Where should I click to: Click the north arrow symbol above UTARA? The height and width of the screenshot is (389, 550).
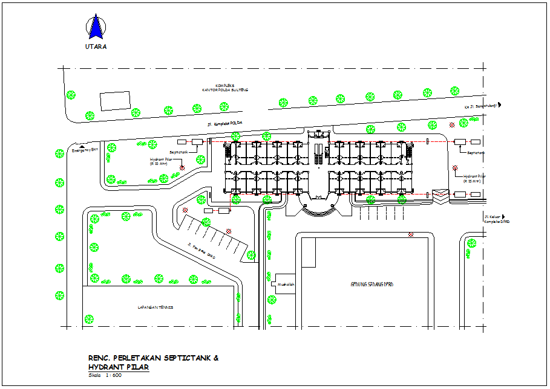point(95,28)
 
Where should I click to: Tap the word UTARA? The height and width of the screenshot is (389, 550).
point(96,47)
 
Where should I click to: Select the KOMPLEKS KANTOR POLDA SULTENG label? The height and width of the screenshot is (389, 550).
point(226,88)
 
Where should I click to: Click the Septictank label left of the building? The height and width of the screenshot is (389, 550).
point(178,153)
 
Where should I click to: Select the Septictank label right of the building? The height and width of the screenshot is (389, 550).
point(477,153)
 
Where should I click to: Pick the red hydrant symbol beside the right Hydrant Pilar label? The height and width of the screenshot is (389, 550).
point(454,168)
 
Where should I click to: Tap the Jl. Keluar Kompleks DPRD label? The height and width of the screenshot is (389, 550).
point(496,219)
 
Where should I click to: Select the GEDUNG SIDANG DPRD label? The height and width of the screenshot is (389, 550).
point(372,284)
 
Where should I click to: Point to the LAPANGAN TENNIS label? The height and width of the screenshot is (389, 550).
point(156,307)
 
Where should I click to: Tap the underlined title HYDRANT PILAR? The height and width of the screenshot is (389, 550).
point(118,367)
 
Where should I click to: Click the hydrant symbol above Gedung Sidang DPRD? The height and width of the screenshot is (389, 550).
point(411,234)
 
